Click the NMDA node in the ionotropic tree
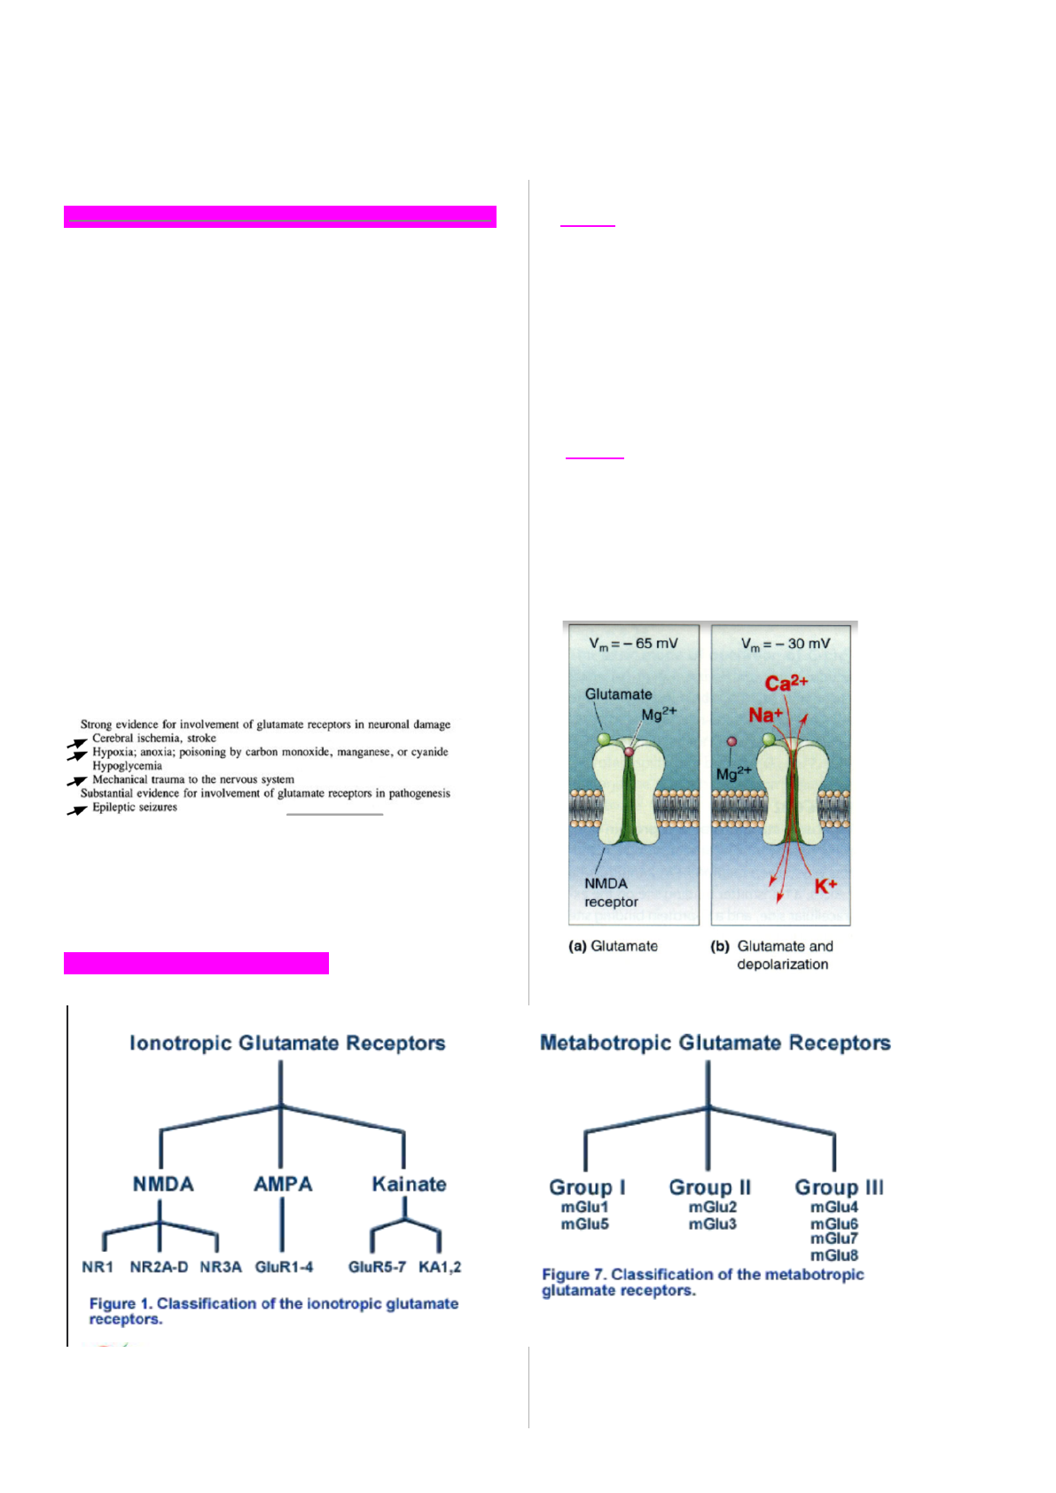tap(163, 1184)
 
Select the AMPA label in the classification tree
tap(283, 1184)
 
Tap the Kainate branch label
tap(409, 1184)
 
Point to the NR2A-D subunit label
tap(159, 1267)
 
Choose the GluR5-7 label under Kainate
tap(377, 1267)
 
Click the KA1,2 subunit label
tap(440, 1267)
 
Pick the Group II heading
tap(709, 1187)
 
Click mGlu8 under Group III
tap(834, 1255)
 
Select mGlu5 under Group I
tap(585, 1224)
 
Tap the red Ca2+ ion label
tap(786, 684)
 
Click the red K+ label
tap(825, 886)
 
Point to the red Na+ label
tap(765, 715)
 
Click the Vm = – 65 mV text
tap(633, 644)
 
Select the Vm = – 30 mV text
tap(785, 644)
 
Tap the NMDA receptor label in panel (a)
tap(610, 893)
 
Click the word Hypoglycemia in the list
tap(128, 766)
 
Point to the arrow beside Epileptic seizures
tap(77, 810)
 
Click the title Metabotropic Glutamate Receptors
tap(716, 1043)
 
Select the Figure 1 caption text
tap(273, 1311)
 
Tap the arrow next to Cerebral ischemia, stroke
tap(77, 743)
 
